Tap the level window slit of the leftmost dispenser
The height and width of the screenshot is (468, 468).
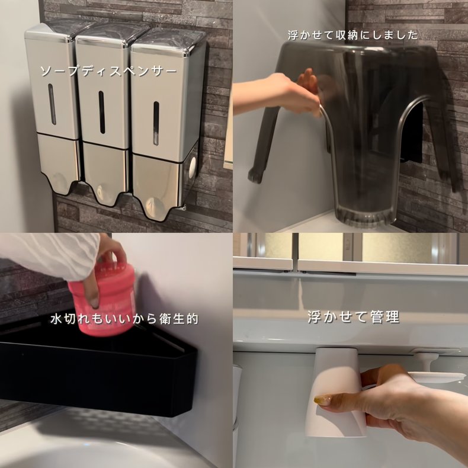click(52, 104)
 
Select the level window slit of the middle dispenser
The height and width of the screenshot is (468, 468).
click(102, 112)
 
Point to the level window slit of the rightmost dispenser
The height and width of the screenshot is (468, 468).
click(156, 123)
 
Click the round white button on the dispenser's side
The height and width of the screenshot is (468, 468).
click(193, 168)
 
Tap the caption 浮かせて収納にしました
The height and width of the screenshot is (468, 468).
click(352, 35)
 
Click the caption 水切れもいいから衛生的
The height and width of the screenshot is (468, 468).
click(124, 319)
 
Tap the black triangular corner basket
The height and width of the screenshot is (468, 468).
click(98, 370)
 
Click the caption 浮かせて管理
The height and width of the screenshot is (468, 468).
click(354, 317)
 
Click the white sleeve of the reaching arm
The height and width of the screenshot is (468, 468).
click(49, 255)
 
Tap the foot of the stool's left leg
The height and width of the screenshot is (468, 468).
click(255, 175)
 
